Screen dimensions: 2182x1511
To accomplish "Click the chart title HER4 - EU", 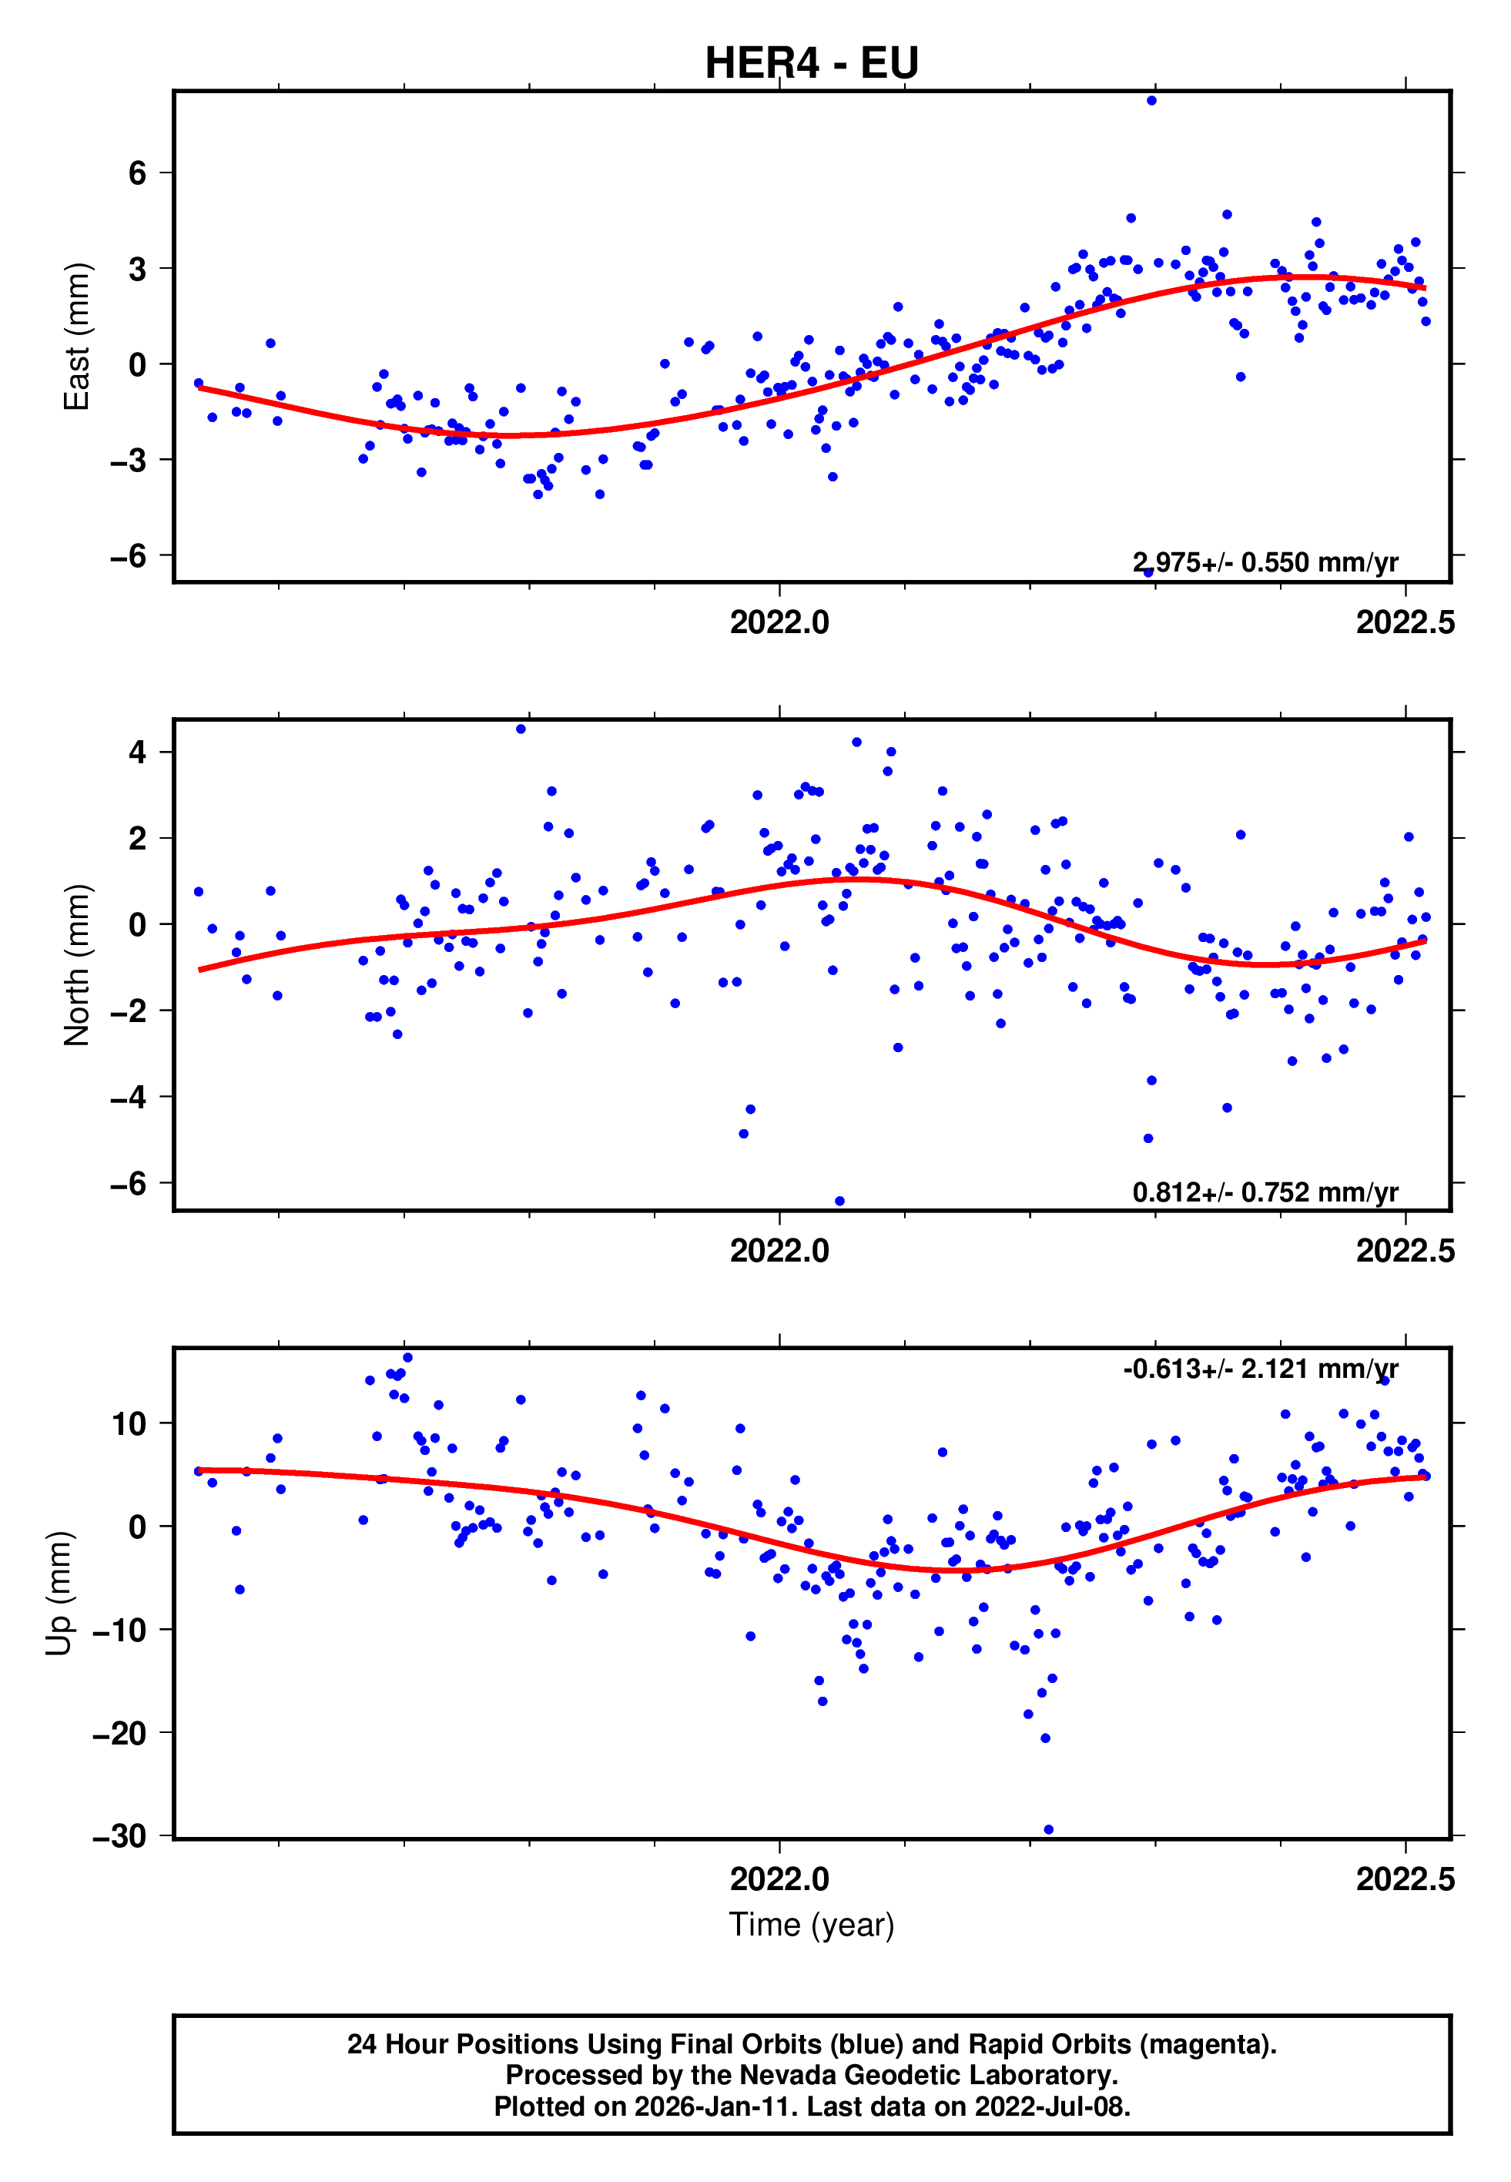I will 812,63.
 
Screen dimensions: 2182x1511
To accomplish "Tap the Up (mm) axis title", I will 59,1594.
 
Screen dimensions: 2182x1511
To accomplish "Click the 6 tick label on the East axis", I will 138,173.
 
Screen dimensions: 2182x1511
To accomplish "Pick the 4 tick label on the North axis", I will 138,752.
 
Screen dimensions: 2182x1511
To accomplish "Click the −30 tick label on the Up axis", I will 120,1835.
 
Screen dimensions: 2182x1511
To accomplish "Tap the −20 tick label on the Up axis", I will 120,1732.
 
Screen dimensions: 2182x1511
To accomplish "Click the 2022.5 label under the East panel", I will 1405,623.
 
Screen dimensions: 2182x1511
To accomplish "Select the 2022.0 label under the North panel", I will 779,1252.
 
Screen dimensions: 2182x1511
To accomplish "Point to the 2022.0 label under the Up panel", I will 779,1879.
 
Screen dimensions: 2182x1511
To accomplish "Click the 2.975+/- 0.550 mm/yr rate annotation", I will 1265,562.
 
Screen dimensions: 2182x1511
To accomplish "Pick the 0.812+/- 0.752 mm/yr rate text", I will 1265,1192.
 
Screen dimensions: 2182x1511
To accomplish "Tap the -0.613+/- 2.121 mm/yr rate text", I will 1260,1369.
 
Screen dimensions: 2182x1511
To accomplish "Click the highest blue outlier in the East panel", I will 1151,100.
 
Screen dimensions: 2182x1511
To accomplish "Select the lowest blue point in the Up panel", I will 1048,1830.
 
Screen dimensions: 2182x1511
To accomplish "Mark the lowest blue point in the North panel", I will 839,1202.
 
